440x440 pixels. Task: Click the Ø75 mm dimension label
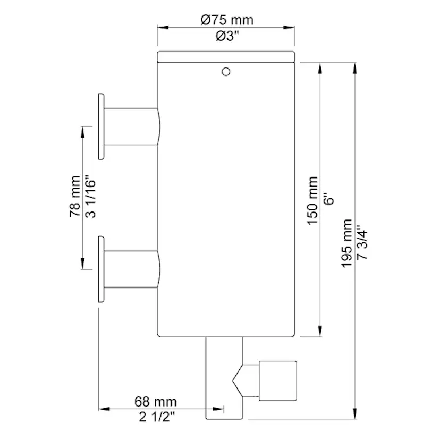click(x=227, y=20)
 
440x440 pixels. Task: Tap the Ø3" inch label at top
click(x=227, y=36)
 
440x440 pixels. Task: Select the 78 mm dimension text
click(x=75, y=197)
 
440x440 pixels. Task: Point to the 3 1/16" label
click(x=90, y=197)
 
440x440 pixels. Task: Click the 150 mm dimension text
click(x=312, y=201)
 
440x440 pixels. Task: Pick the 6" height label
click(x=328, y=199)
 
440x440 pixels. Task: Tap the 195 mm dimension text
click(x=346, y=243)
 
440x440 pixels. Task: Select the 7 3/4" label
click(x=362, y=241)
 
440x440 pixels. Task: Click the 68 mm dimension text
click(x=156, y=402)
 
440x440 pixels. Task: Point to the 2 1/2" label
click(x=157, y=417)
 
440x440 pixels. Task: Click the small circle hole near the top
click(x=226, y=72)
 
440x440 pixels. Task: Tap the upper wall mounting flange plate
click(x=101, y=126)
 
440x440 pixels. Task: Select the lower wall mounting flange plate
click(x=101, y=269)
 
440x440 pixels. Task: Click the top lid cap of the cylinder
click(x=226, y=57)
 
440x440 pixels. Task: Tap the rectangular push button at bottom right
click(x=278, y=381)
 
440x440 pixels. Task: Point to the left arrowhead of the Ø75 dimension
click(x=163, y=28)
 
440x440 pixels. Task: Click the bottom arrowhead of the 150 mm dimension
click(x=320, y=332)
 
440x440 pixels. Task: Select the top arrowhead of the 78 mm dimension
click(x=82, y=132)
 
